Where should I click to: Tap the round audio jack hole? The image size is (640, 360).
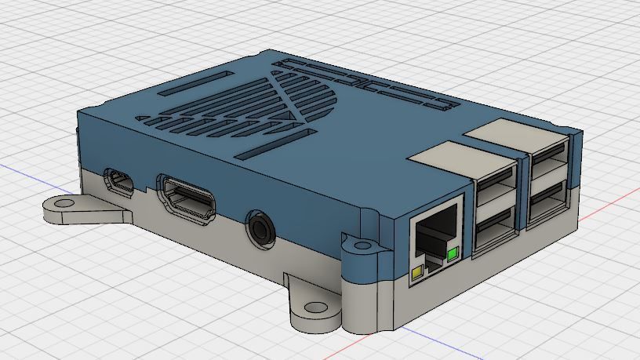pos(260,227)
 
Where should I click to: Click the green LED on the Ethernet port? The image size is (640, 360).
pos(452,253)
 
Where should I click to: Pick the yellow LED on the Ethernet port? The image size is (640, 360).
pos(417,272)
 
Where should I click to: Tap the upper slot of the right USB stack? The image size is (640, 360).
pos(550,166)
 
